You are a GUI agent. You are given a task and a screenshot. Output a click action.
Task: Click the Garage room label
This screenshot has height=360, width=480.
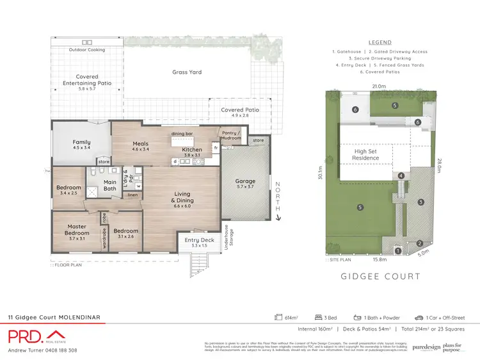(x=245, y=183)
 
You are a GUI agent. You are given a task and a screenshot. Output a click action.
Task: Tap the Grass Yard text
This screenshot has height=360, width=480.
(x=187, y=72)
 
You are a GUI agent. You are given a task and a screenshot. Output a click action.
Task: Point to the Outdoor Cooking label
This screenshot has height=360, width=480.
(x=87, y=49)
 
